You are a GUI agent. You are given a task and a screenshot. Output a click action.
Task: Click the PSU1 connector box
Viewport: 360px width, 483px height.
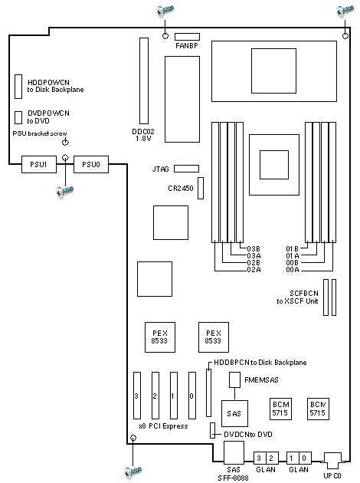(39, 164)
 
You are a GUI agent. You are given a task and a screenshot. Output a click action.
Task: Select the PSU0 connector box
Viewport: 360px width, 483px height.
(91, 164)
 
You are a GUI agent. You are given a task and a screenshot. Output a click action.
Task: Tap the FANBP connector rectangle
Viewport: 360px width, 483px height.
(187, 37)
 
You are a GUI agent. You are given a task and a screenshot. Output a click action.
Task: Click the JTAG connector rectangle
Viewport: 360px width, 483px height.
(186, 169)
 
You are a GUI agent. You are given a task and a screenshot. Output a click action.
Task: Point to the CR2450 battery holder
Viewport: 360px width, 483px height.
(201, 188)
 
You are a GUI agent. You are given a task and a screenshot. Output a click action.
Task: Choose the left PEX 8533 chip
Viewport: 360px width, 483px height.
(160, 337)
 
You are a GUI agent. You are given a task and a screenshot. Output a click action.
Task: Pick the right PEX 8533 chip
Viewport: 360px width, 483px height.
(214, 337)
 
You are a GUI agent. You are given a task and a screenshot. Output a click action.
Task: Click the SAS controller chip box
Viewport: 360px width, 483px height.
(234, 413)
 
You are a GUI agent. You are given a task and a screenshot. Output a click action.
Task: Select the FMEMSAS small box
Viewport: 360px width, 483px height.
(234, 379)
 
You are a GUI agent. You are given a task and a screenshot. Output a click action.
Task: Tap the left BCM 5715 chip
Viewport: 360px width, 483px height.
(280, 409)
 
